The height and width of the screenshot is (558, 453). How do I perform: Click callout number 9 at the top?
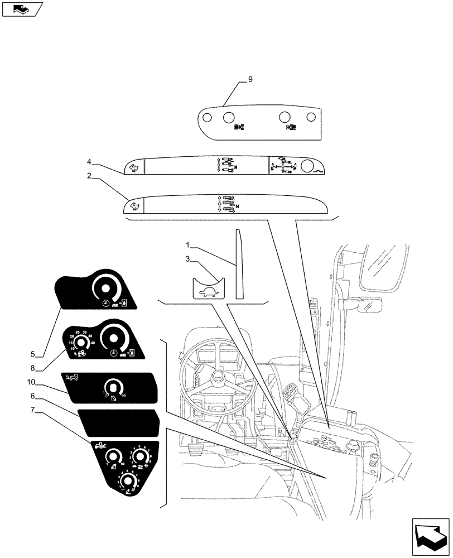[x=250, y=80]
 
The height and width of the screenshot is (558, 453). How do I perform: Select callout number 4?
[x=89, y=162]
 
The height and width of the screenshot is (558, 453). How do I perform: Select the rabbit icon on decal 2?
[x=134, y=206]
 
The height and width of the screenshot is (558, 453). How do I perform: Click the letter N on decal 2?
[x=238, y=207]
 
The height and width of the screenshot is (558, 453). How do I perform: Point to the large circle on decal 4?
[x=308, y=166]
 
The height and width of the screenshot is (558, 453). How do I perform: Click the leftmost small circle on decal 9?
[x=206, y=118]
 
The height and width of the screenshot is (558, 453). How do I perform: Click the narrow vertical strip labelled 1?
[x=239, y=265]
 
